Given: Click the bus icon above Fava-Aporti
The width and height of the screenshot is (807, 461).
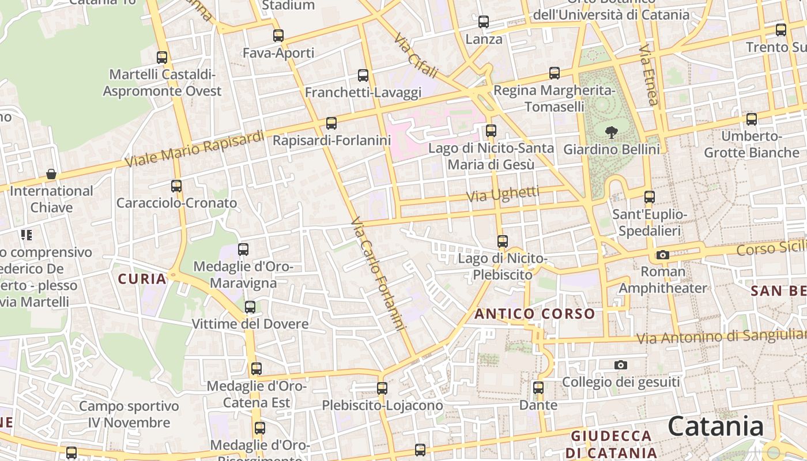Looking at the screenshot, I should (278, 36).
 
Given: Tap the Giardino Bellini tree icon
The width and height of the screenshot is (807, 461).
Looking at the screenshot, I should (611, 133).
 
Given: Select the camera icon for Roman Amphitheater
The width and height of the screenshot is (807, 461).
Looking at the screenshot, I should (663, 255).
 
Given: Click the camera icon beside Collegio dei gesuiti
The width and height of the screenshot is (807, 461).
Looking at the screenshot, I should (621, 365).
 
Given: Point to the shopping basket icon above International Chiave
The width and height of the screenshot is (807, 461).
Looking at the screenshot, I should (51, 174).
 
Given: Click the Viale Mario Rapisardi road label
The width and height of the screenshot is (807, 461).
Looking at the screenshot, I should (195, 149).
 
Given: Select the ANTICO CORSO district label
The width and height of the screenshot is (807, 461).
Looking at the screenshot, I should (534, 314).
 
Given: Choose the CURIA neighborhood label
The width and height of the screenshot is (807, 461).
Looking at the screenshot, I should (142, 279).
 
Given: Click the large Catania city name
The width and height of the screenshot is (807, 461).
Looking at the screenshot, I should (716, 427).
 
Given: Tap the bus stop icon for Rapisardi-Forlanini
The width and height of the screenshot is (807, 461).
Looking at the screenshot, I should (331, 123).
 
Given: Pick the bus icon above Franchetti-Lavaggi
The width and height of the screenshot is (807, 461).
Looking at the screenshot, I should (363, 75).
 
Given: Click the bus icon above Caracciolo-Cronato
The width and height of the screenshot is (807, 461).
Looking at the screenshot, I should (176, 186).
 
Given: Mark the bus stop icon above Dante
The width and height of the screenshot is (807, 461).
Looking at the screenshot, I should (538, 388).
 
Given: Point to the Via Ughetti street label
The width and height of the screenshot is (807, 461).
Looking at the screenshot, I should (503, 195).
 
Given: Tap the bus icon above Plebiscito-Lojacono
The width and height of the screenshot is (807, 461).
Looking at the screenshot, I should (382, 388).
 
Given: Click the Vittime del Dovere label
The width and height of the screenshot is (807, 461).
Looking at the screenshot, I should (250, 324).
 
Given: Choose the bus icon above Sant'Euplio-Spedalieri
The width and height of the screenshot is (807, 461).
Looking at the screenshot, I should (650, 197).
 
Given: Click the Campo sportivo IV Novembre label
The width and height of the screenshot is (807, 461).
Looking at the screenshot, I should (129, 414).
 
